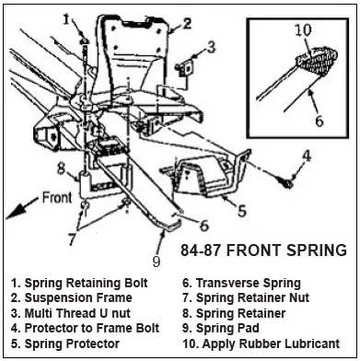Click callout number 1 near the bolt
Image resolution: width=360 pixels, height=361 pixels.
[67, 20]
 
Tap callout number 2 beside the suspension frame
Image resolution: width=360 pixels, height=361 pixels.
[186, 24]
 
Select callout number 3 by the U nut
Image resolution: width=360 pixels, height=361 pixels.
[211, 48]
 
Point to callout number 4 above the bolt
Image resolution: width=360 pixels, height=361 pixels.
[306, 156]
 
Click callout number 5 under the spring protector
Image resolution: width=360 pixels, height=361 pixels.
[242, 211]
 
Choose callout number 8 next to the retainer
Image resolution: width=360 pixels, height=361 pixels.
[62, 169]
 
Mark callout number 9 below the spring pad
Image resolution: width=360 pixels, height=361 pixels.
[157, 262]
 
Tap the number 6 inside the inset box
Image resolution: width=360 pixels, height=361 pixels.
[319, 121]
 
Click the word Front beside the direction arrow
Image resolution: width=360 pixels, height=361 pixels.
[57, 198]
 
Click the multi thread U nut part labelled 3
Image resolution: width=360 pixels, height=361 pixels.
[184, 68]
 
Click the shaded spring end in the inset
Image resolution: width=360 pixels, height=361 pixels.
[317, 62]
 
